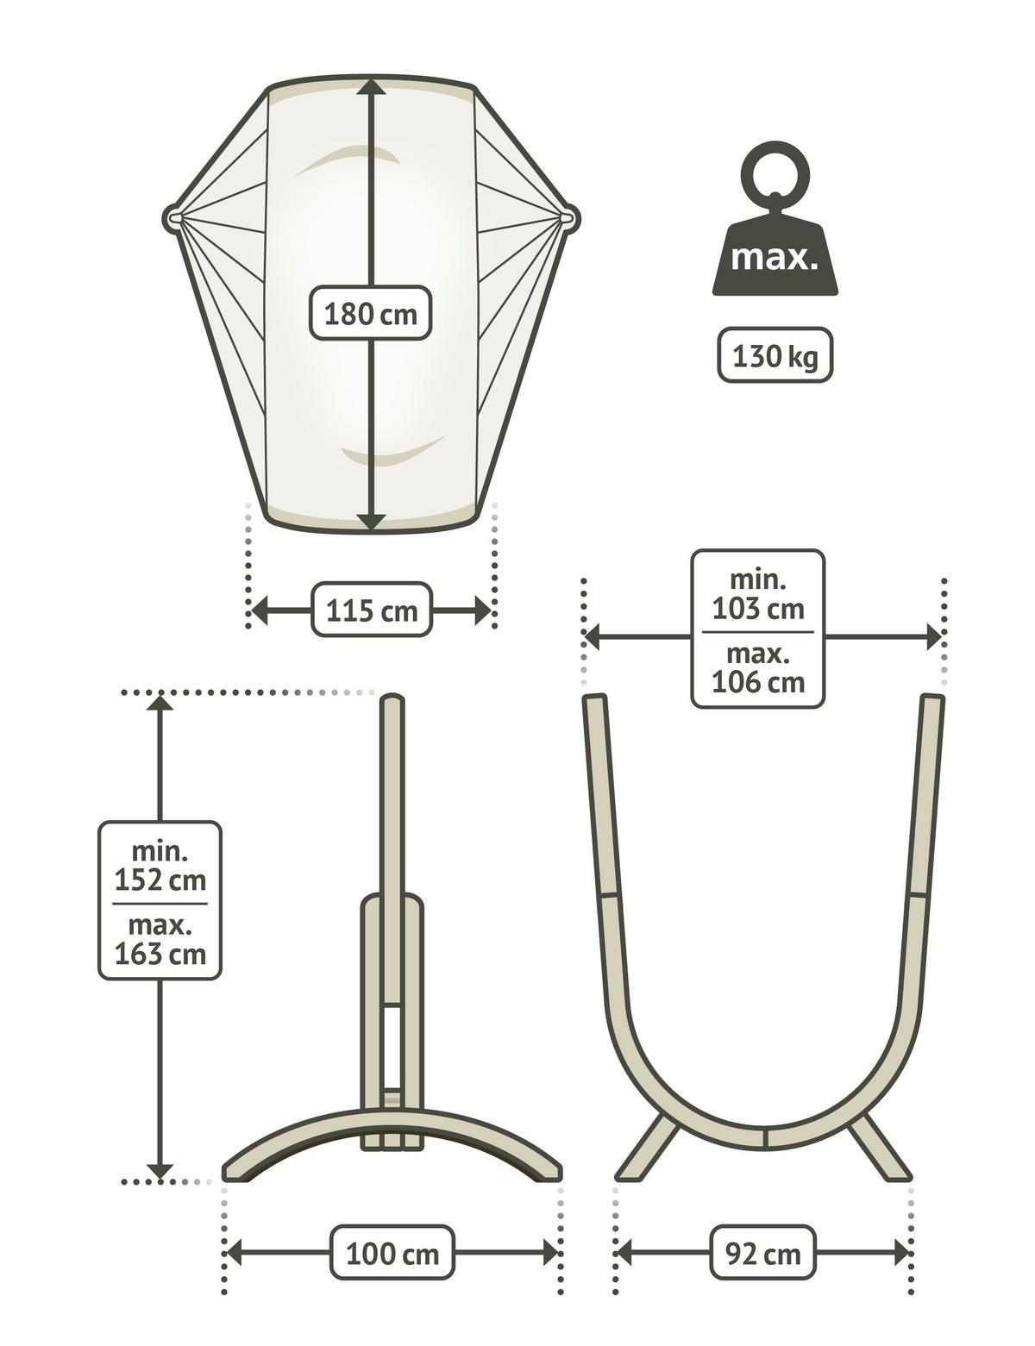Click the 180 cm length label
coord(370,313)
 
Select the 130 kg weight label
coord(775,356)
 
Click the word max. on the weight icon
coord(775,259)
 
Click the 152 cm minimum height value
coord(160,880)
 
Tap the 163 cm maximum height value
coord(160,954)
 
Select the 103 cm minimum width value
coord(757,609)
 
